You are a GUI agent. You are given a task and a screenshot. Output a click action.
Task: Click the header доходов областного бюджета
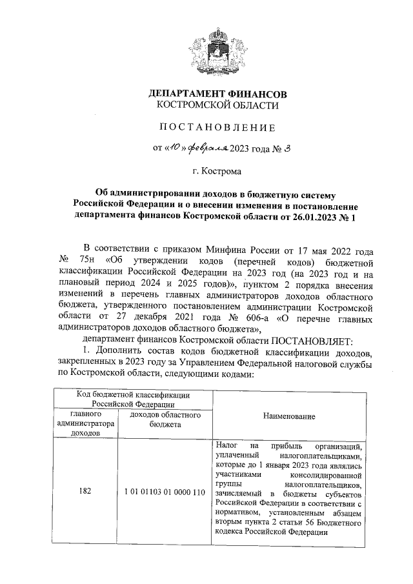pyautogui.click(x=165, y=419)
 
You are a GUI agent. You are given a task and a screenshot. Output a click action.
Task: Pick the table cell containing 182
pyautogui.click(x=85, y=492)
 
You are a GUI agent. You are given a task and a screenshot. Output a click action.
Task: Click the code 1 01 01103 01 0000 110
pyautogui.click(x=165, y=492)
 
